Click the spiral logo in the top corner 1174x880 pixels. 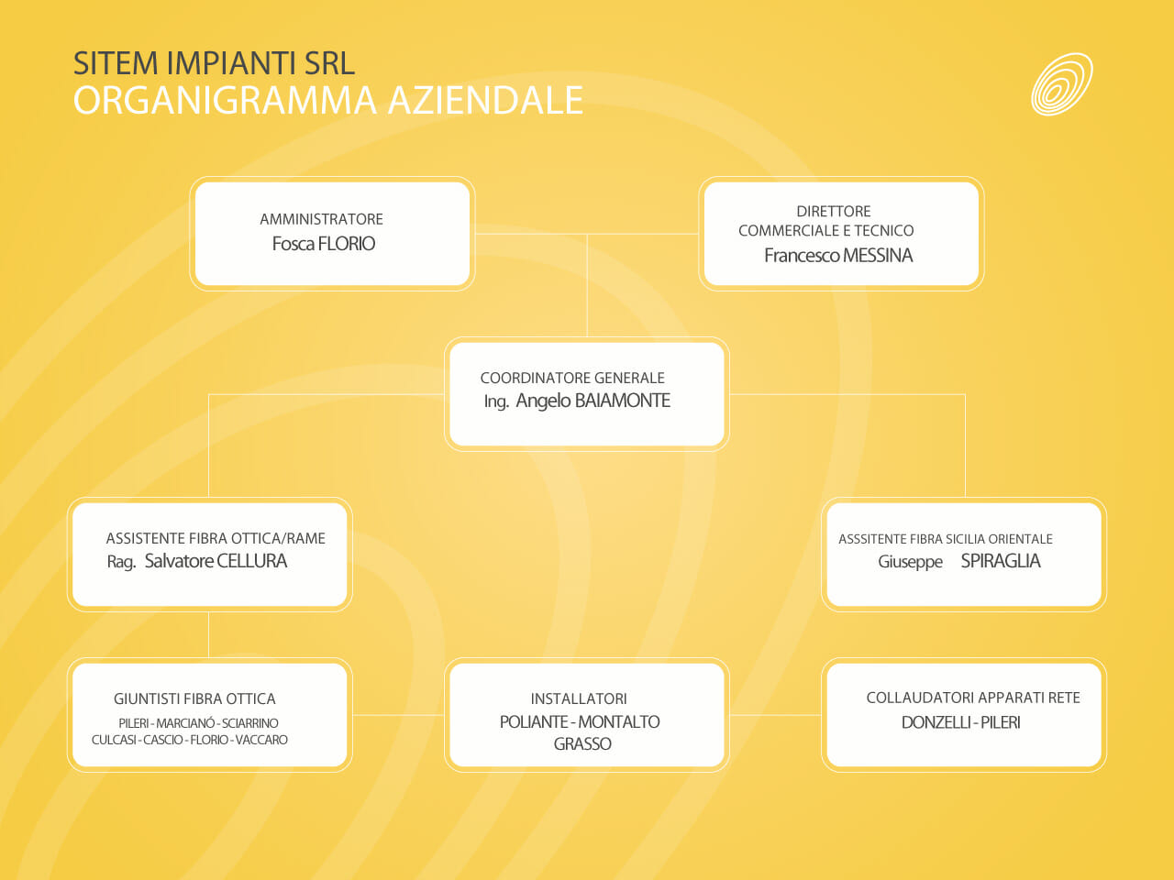[x=1062, y=84]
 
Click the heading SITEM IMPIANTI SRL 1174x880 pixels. [x=214, y=63]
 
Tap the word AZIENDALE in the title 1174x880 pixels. [x=485, y=101]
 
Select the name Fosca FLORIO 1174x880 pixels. [x=323, y=244]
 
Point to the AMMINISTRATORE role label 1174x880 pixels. [x=321, y=219]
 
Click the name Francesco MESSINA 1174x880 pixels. [x=838, y=256]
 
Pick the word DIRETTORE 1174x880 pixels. [x=834, y=212]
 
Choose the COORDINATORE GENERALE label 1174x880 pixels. [x=572, y=378]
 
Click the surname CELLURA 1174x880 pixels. [x=251, y=561]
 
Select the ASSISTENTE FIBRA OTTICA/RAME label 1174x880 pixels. [x=216, y=538]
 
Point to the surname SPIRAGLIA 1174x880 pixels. [x=1001, y=561]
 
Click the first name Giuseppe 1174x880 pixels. [x=910, y=563]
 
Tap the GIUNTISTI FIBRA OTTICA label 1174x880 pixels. [x=194, y=698]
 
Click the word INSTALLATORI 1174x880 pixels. [x=579, y=698]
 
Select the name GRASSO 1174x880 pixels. [x=582, y=743]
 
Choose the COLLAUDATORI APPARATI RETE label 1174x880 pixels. [x=973, y=698]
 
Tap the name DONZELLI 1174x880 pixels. [x=936, y=722]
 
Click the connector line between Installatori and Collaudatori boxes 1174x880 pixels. [x=776, y=715]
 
